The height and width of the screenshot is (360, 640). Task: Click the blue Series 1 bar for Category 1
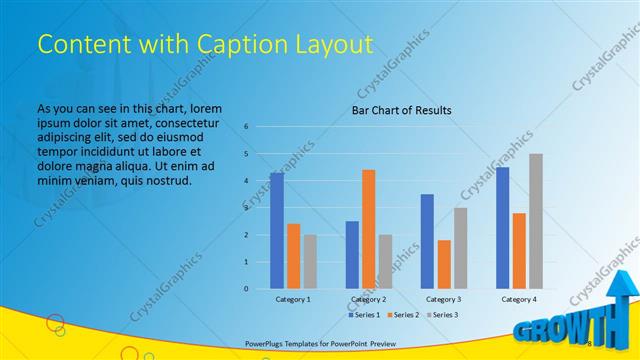click(276, 231)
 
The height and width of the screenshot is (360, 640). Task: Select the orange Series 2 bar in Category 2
click(368, 229)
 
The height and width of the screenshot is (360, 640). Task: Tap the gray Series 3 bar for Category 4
click(536, 221)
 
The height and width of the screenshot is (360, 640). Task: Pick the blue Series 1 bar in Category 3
click(427, 241)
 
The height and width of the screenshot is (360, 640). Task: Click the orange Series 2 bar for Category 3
click(443, 264)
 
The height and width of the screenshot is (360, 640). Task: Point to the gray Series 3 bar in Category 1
click(310, 262)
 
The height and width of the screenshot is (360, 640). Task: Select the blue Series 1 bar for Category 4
click(502, 228)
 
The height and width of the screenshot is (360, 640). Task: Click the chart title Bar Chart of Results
click(401, 110)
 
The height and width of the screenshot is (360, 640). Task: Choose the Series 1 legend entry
click(364, 315)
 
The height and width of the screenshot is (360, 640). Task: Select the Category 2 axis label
click(368, 299)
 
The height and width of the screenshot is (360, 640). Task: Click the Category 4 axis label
click(518, 299)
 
